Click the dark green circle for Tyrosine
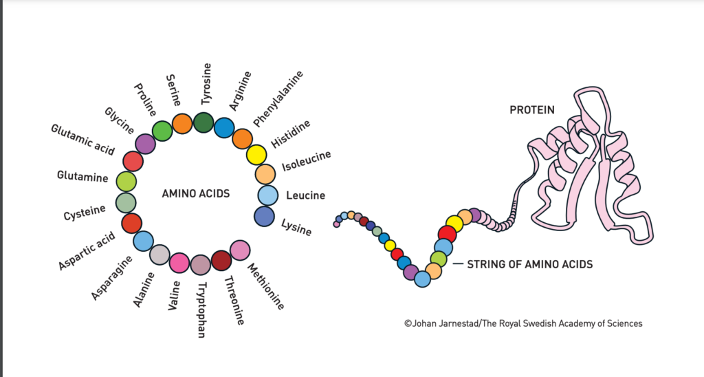pos(203,122)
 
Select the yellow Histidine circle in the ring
pos(256,155)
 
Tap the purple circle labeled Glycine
pos(145,143)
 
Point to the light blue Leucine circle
pos(267,195)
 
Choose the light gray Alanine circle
pos(159,255)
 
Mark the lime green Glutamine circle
pos(126,182)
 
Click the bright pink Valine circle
pos(179,262)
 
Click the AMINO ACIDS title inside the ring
pos(196,194)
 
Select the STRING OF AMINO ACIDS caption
pos(529,263)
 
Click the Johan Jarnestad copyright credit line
pos(524,323)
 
